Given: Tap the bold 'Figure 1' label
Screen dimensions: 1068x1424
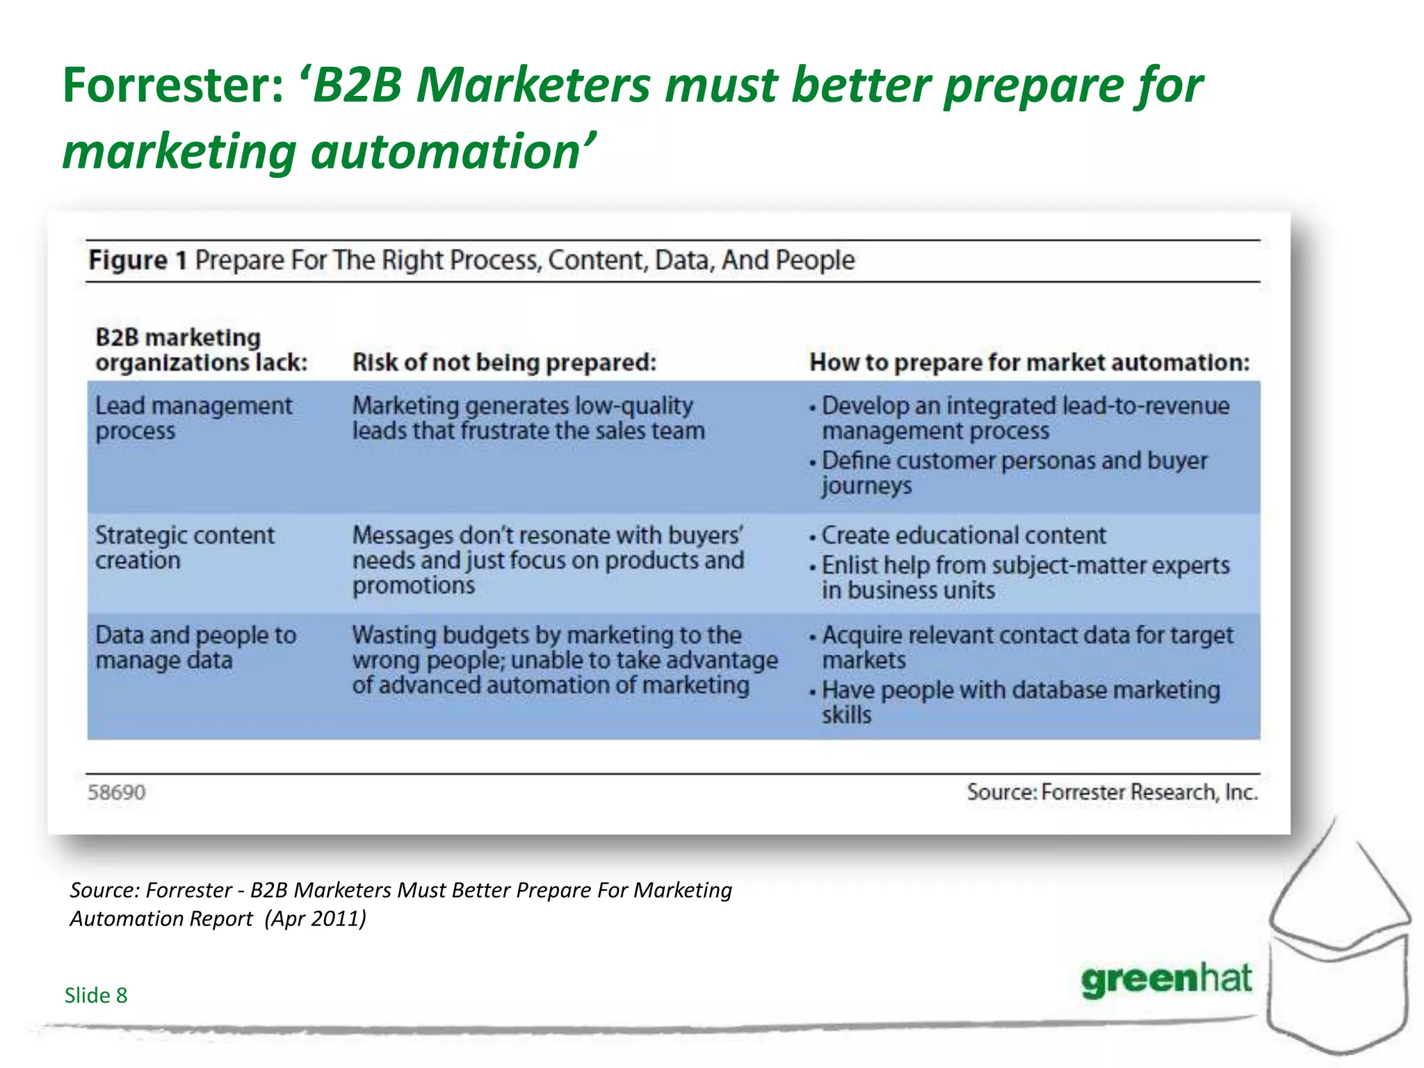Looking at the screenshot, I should [x=137, y=260].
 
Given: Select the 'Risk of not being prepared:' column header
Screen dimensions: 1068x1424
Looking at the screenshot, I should [x=504, y=362].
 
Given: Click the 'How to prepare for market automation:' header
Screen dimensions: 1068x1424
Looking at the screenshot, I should [x=1029, y=362].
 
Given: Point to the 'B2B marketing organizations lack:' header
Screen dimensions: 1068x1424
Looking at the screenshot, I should [x=201, y=350].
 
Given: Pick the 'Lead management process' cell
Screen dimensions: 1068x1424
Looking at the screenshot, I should [x=193, y=418].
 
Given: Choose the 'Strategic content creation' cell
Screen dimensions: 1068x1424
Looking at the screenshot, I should [x=184, y=548].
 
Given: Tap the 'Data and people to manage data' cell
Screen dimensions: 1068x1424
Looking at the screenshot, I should [x=195, y=647].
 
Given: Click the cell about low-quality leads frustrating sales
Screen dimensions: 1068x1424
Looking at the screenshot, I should [x=528, y=418].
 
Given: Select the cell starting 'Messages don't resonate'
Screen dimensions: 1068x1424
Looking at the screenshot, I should [x=548, y=560].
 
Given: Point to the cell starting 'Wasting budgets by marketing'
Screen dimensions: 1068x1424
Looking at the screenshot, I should [x=564, y=660].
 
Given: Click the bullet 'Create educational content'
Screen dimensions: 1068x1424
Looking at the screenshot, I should [x=963, y=535].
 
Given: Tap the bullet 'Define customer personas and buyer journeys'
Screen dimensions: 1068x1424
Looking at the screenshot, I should [x=1014, y=473].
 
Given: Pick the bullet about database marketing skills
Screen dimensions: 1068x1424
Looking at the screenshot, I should [x=1019, y=702].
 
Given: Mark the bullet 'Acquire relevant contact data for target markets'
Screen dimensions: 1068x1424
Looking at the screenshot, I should [x=1027, y=647].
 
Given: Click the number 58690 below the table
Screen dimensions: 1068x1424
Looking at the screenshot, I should [x=116, y=793].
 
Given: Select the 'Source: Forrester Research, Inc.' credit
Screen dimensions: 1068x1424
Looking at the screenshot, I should [x=1112, y=792].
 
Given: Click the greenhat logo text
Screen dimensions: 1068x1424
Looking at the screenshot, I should [x=1166, y=980].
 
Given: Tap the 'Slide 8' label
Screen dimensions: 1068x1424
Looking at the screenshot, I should [x=96, y=995].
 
